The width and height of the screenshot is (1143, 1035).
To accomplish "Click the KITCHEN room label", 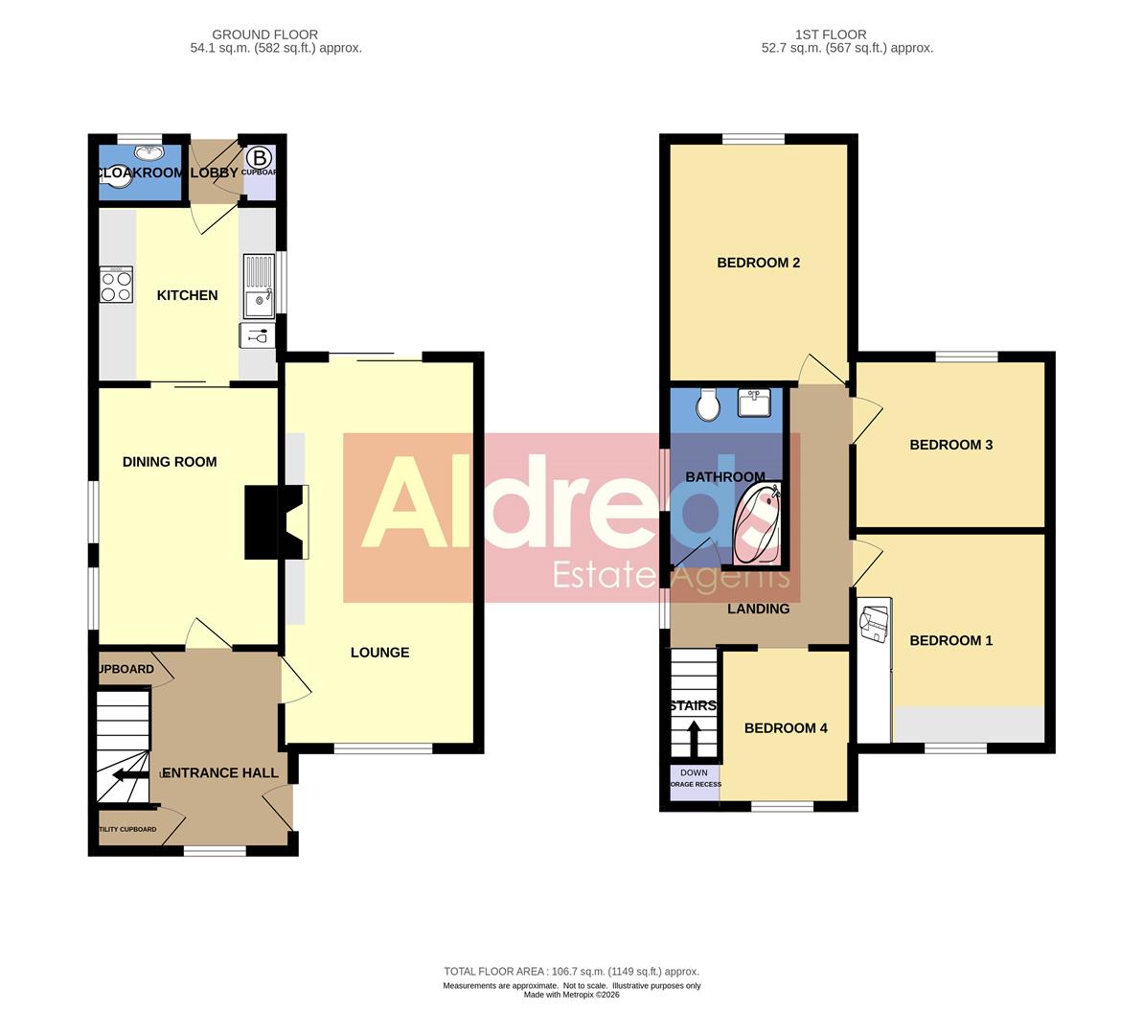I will pos(187,295).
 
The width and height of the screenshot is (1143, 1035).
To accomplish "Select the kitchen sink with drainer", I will pos(259,285).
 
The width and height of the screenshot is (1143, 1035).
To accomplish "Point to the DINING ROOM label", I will pos(170,462).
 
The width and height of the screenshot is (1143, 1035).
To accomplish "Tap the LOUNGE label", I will pos(379,653).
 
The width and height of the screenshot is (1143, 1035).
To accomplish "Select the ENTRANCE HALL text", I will pos(220,773).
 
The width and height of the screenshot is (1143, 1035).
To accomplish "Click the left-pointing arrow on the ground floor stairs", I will pos(129,775).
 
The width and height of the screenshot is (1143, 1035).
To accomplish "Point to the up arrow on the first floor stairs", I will pos(694,738).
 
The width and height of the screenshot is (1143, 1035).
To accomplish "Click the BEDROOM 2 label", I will pos(758,263).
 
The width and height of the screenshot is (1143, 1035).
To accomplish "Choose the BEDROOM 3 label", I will pos(950,445).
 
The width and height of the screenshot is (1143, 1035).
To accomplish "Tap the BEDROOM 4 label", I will pos(786,728).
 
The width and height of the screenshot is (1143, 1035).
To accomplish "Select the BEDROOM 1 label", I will pos(950,640).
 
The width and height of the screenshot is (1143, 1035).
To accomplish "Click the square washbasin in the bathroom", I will pos(756,402).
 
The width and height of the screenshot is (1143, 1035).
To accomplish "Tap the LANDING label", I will pos(758,609).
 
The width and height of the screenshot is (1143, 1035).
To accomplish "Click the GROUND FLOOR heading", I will pos(264,34).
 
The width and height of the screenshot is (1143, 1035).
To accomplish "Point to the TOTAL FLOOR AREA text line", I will pos(571,971).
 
